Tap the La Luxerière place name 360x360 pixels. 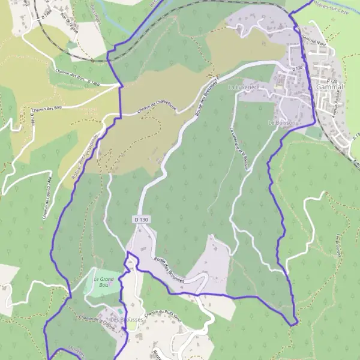click(x=244, y=87)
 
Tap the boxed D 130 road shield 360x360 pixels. click(x=141, y=220)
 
